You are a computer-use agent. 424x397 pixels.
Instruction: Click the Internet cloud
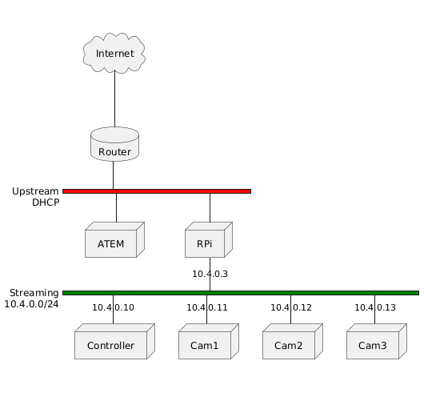(x=114, y=54)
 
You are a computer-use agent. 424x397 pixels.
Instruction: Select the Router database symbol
(x=114, y=144)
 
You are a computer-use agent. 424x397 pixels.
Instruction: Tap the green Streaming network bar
(x=240, y=293)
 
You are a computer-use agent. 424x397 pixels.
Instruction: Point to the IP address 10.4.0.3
(x=210, y=275)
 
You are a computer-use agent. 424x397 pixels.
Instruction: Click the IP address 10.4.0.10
(x=113, y=307)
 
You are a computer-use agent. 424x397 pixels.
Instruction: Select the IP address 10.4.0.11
(x=207, y=307)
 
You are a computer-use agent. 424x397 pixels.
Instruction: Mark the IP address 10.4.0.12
(x=291, y=307)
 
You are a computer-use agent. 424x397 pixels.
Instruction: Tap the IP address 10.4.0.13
(x=375, y=307)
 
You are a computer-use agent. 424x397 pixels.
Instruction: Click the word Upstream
(x=35, y=191)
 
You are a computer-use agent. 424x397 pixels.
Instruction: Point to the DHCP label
(x=46, y=203)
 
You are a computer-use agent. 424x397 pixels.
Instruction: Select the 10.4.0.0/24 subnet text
(x=31, y=304)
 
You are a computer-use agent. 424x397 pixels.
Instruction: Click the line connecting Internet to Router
(x=114, y=100)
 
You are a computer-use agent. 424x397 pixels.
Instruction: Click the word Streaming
(x=34, y=293)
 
